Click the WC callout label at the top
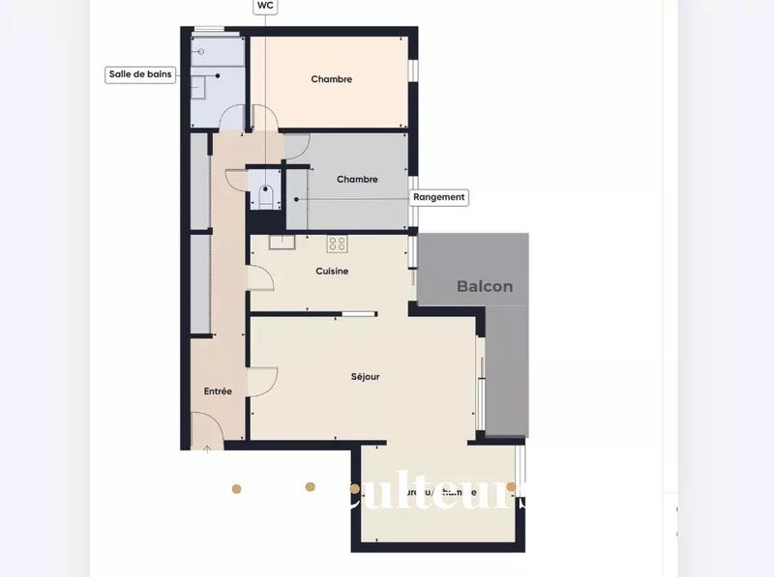pos(264,6)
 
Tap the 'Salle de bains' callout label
pos(140,74)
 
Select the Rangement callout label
pos(439,197)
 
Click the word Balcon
pos(485,286)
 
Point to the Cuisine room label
pos(332,272)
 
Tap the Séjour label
pos(365,376)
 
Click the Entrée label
pos(218,391)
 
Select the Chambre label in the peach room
pos(331,79)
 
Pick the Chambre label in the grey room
pos(356,179)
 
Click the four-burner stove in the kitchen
pos(337,243)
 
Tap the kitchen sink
pos(281,242)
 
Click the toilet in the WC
pos(264,197)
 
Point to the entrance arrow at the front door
pos(207,447)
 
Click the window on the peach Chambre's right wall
pos(412,72)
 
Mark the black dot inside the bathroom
pos(218,74)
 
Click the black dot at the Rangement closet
pos(296,200)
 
